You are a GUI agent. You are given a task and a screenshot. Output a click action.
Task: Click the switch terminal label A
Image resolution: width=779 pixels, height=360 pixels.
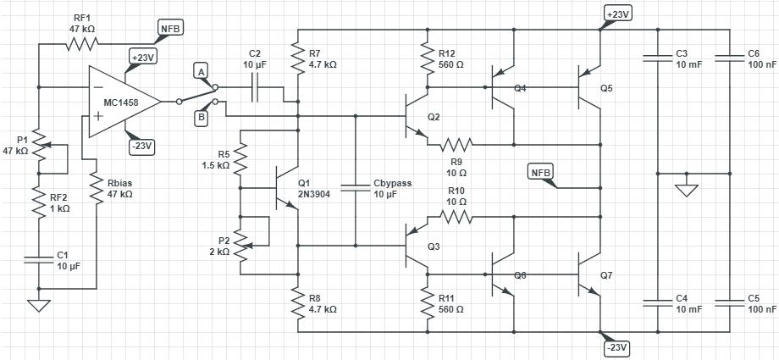pyautogui.click(x=201, y=71)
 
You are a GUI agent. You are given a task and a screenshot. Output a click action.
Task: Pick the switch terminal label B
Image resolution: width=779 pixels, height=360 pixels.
pyautogui.click(x=201, y=118)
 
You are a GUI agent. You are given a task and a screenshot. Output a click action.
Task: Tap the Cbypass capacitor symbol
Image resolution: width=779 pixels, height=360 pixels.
pyautogui.click(x=356, y=186)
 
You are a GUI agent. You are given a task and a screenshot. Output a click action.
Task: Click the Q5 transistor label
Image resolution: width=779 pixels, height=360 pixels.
pyautogui.click(x=606, y=87)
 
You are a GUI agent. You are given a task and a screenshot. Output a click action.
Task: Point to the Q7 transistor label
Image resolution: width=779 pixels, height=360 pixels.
pyautogui.click(x=606, y=276)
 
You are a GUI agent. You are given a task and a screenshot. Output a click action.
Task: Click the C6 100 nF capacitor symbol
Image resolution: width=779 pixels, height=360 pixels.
pyautogui.click(x=731, y=58)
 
